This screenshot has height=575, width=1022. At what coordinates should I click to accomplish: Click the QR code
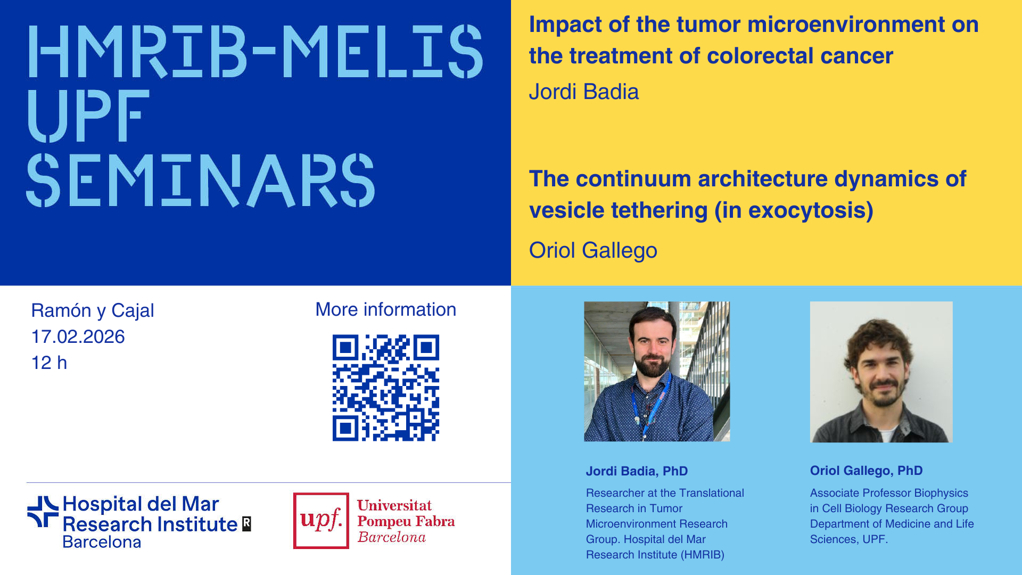(386, 388)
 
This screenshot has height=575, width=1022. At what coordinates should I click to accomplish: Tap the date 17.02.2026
(78, 336)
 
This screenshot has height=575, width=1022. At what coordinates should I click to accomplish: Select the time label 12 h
(49, 363)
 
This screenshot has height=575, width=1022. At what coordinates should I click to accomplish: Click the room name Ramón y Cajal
(93, 310)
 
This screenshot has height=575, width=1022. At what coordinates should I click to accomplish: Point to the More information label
(386, 309)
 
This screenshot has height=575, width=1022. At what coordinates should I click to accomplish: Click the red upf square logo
(321, 520)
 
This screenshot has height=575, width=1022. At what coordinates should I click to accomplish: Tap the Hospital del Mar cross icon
(43, 512)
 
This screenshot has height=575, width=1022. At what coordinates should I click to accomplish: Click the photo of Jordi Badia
(657, 372)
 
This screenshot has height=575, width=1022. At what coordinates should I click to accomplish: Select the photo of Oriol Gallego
(881, 372)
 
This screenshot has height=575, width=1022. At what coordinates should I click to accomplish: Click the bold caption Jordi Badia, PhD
(637, 471)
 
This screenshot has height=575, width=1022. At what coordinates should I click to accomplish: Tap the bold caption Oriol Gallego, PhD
(866, 471)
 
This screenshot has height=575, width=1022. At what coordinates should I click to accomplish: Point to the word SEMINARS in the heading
(201, 180)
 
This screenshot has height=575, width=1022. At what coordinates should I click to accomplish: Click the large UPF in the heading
(85, 116)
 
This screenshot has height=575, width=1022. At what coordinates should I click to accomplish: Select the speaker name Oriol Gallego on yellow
(593, 250)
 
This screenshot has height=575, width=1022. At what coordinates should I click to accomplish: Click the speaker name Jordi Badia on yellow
(583, 92)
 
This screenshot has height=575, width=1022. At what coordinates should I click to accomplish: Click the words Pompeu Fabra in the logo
(406, 521)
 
